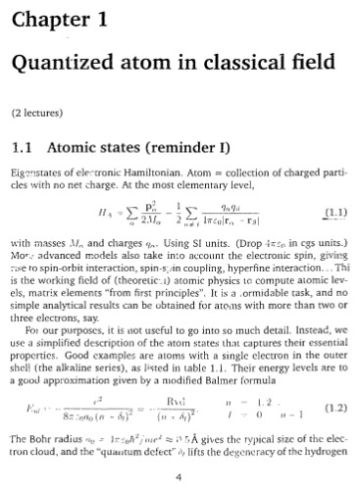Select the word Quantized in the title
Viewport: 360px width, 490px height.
coord(60,68)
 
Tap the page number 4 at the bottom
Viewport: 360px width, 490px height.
coord(180,477)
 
